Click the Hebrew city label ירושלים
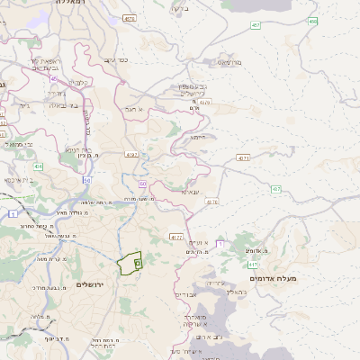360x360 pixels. pos(91,284)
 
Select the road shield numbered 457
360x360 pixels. pos(256,24)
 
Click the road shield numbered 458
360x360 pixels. pos(312,21)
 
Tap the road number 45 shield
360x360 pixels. pos(54,79)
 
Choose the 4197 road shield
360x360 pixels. pos(133,154)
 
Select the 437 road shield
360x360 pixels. pos(275,189)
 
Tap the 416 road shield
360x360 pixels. pos(38,166)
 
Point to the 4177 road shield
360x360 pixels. pos(176,238)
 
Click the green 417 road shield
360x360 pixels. pos(254,265)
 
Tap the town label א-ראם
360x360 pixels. pos(135,109)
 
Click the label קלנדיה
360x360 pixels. pos(79,84)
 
